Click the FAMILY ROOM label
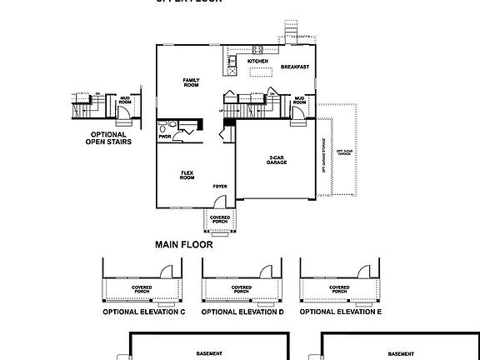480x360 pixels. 192,82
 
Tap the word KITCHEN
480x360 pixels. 258,61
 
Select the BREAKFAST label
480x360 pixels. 295,67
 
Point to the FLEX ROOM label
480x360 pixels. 187,175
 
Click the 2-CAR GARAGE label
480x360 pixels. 277,159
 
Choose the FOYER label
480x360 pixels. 220,187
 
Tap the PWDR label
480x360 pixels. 164,136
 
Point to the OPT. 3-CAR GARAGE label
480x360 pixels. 341,158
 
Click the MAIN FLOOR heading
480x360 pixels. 183,245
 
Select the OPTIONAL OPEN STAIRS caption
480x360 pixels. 106,138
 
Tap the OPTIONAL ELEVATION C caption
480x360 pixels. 143,312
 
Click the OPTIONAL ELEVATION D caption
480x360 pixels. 242,312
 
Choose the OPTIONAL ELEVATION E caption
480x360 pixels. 341,312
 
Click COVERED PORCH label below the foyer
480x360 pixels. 219,219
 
